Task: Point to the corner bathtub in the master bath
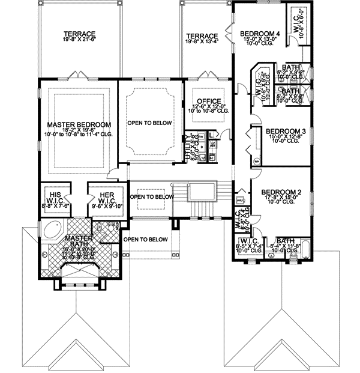52,231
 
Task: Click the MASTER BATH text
76,239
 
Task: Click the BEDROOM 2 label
281,193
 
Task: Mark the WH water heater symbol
257,161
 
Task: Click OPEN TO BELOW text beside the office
149,123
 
